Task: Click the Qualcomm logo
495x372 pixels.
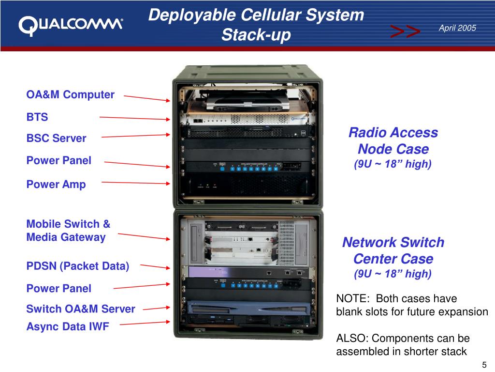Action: click(x=71, y=25)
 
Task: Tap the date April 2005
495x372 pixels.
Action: click(x=457, y=28)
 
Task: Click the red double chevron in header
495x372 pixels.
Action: click(x=405, y=32)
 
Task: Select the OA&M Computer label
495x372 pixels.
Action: click(x=70, y=94)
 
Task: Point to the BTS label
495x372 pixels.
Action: click(x=37, y=117)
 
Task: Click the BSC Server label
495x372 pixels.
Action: click(x=56, y=139)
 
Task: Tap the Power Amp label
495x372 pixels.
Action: click(x=56, y=185)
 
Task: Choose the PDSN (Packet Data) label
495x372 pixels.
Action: click(x=77, y=266)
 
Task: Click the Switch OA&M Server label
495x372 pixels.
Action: click(x=80, y=309)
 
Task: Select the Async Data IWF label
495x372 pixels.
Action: click(x=68, y=326)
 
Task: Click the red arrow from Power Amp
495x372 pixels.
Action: click(x=136, y=183)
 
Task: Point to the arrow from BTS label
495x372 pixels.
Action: click(x=134, y=118)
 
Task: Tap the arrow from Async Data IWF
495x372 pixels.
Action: click(x=145, y=323)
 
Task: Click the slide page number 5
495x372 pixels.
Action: click(x=484, y=365)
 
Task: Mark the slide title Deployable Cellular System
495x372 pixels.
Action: click(x=256, y=15)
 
